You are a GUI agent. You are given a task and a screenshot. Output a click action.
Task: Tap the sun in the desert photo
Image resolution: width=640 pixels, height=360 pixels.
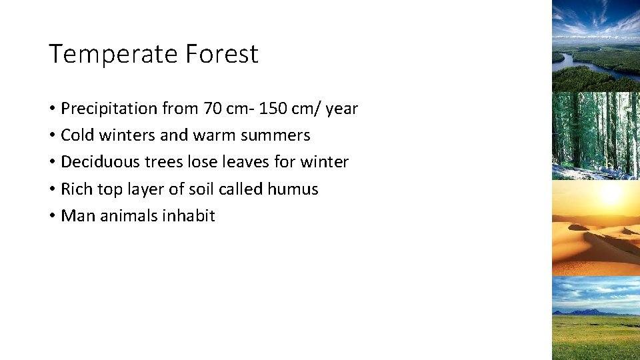point(609,195)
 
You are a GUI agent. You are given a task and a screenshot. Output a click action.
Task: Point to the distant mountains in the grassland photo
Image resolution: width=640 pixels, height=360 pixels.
point(583,311)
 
